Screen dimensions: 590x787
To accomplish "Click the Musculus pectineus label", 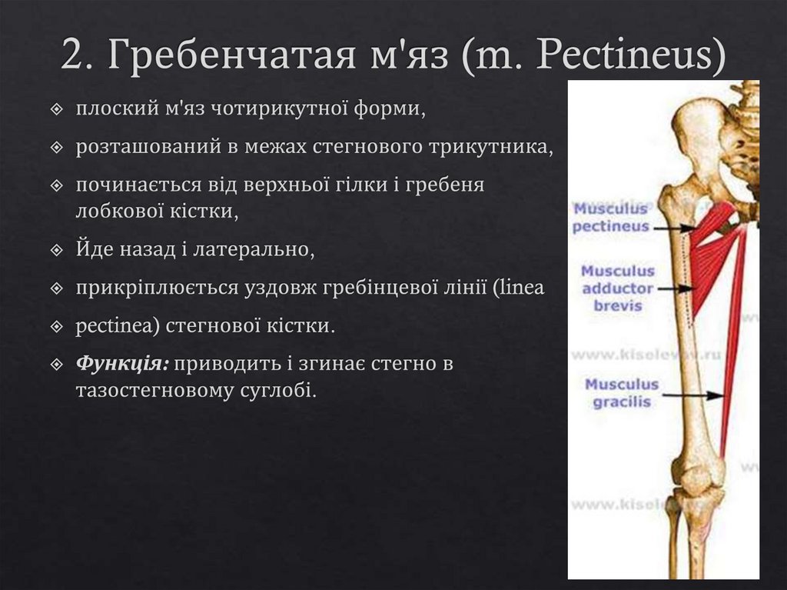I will tap(611, 218).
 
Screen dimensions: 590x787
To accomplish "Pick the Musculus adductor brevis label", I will tap(618, 288).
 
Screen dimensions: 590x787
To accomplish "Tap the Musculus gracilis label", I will tap(622, 392).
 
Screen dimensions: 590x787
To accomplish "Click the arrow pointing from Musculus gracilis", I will tap(692, 394).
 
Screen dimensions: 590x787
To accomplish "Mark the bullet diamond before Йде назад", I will tap(56, 251).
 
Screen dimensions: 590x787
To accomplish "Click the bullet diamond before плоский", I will tap(56, 111).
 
